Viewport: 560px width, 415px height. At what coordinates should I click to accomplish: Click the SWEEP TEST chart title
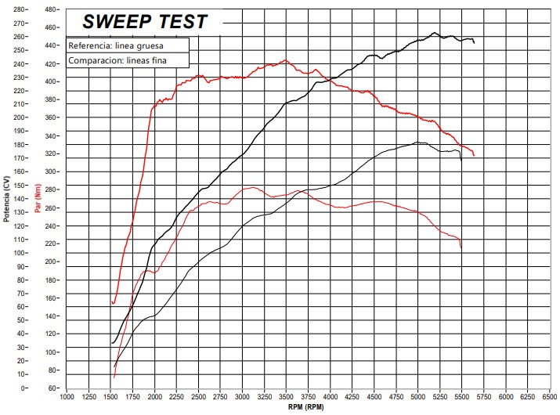145,22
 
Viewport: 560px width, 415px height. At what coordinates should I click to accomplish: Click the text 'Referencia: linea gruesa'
117,45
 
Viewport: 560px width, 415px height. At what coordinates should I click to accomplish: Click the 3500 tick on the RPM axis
286,396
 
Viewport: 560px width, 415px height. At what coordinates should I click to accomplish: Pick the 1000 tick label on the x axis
67,396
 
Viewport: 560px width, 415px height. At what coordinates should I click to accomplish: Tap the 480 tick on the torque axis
52,10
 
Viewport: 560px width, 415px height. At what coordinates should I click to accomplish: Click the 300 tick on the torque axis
52,171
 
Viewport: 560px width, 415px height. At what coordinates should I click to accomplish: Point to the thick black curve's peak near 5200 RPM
435,33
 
